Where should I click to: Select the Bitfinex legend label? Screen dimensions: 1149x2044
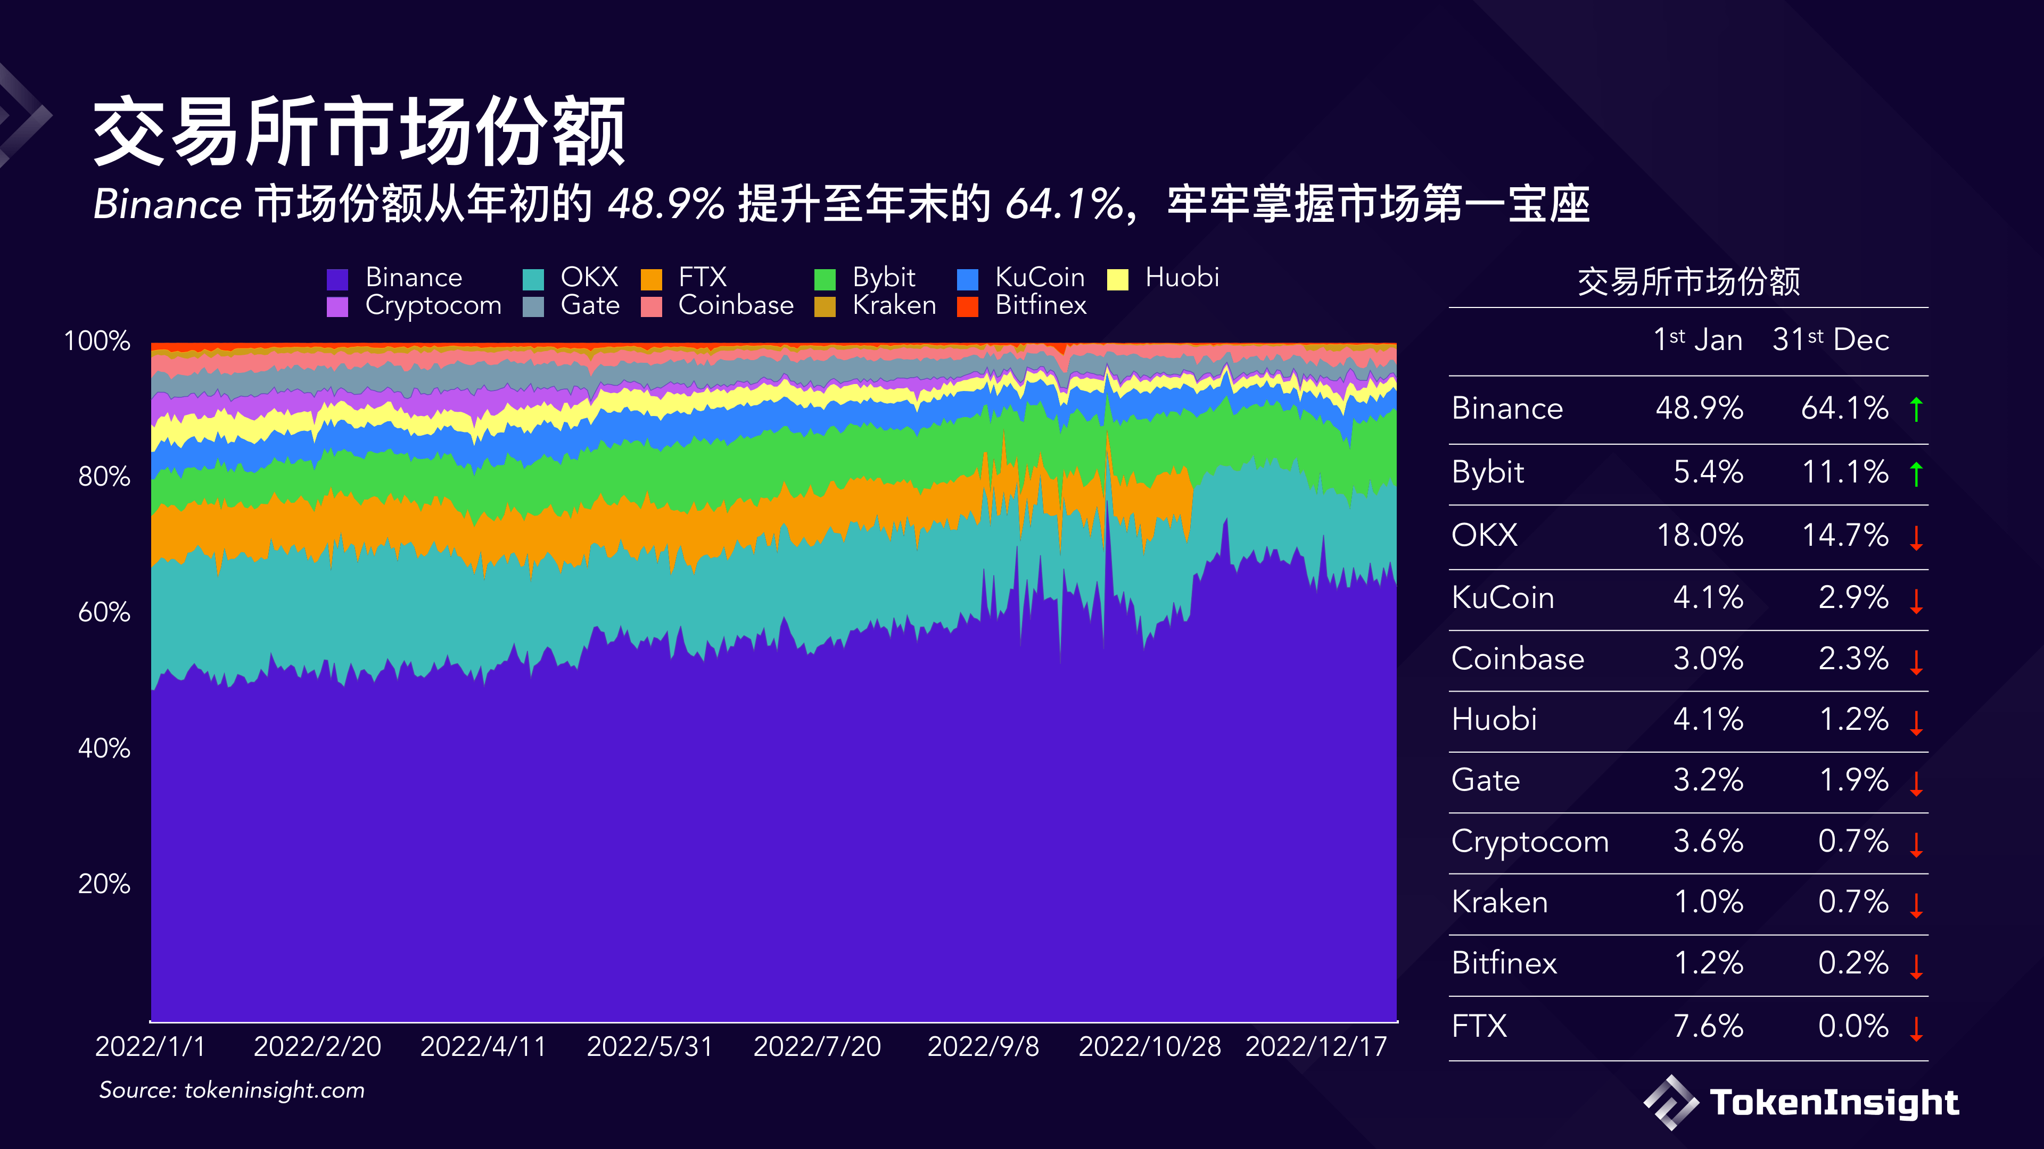click(x=1040, y=305)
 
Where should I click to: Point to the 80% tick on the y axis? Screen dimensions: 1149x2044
click(x=104, y=477)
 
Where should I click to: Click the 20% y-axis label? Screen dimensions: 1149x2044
click(x=104, y=884)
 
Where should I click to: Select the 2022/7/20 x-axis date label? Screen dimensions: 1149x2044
click(x=817, y=1047)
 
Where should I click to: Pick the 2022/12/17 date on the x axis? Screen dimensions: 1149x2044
click(x=1316, y=1047)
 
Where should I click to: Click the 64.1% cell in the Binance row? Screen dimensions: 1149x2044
click(x=1844, y=409)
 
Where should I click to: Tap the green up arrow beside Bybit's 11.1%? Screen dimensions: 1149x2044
click(x=1916, y=473)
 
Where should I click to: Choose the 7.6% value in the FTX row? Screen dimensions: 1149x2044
click(x=1708, y=1026)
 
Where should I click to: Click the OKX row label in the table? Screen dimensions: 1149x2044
click(x=1484, y=535)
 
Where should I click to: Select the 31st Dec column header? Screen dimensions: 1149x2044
click(x=1831, y=339)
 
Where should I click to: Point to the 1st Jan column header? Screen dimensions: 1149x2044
click(x=1697, y=339)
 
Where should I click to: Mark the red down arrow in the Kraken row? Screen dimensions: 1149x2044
click(x=1916, y=905)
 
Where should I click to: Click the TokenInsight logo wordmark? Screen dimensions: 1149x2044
click(x=1833, y=1103)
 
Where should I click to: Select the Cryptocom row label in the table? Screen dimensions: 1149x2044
click(x=1529, y=842)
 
